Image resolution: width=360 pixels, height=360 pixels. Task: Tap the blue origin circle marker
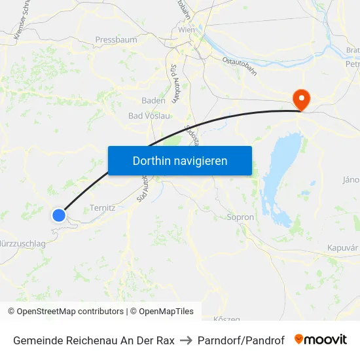click(59, 215)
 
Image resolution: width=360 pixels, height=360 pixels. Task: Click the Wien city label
click(187, 30)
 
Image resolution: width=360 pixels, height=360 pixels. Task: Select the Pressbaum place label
click(116, 40)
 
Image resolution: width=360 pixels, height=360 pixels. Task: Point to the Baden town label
click(153, 101)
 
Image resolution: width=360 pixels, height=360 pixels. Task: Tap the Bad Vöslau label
click(150, 116)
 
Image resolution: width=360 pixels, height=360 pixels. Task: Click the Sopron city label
click(240, 217)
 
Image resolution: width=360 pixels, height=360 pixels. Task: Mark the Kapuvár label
click(342, 248)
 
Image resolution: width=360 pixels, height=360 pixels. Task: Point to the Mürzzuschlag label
click(24, 243)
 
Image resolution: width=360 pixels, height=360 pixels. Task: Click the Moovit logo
click(321, 340)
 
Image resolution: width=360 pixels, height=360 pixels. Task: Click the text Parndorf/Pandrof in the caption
click(241, 340)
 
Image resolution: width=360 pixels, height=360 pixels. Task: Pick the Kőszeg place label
click(226, 319)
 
